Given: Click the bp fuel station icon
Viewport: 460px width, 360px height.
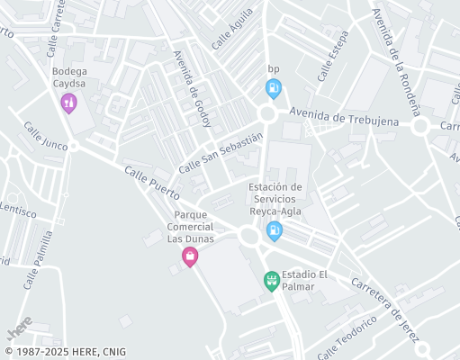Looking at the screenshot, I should click(273, 88).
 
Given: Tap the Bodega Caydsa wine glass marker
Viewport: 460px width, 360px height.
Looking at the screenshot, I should click(68, 103).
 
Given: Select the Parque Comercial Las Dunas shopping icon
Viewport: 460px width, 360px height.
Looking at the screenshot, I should click(190, 258).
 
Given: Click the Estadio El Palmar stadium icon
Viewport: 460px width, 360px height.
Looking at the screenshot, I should click(271, 281).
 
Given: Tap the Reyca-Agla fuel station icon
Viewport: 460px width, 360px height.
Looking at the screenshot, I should click(273, 231).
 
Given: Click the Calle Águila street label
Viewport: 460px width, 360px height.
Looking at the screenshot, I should click(231, 35).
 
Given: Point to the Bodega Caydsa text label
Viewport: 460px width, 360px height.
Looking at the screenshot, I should click(68, 77).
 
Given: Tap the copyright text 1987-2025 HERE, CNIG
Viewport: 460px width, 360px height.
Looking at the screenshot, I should click(66, 351).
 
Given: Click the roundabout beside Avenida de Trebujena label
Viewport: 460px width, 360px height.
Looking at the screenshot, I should click(267, 114).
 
